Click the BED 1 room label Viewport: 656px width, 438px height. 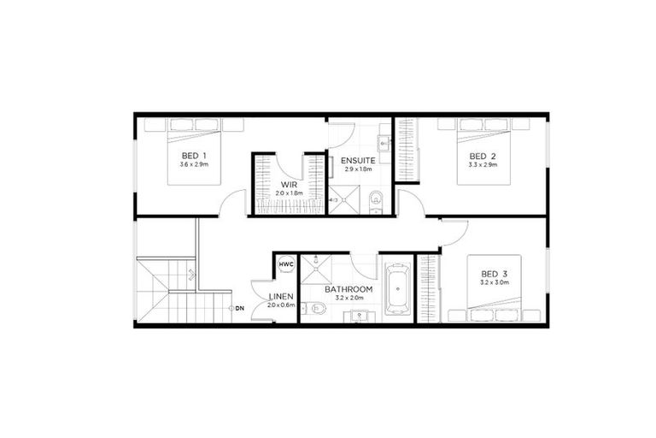tap(191, 155)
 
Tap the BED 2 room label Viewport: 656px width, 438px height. tap(483, 156)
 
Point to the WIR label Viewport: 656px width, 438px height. tap(288, 184)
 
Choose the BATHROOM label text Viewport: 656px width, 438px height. tap(349, 290)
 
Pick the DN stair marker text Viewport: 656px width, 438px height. tap(240, 307)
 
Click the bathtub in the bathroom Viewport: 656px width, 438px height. tap(397, 289)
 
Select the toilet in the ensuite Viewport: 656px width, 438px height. tap(374, 200)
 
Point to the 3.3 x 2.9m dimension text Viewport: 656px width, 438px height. tap(483, 164)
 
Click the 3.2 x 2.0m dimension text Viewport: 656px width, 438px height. tap(349, 299)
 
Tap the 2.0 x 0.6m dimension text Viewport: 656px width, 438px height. tap(280, 305)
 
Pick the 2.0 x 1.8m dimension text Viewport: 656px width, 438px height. tap(288, 192)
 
